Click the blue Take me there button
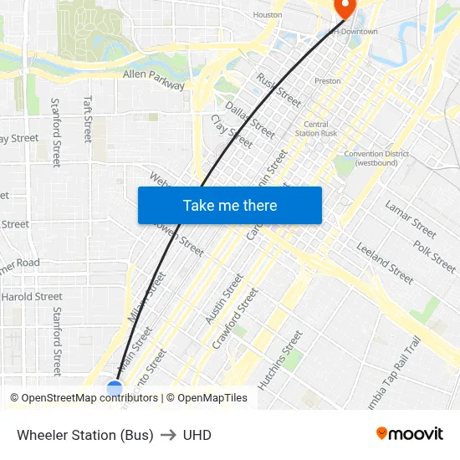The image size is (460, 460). click(229, 206)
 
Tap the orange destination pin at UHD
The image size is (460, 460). click(344, 7)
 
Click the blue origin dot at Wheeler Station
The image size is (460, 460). click(115, 388)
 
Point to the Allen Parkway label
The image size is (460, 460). click(154, 79)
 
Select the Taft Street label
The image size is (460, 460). click(87, 118)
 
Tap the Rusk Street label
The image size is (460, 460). click(279, 90)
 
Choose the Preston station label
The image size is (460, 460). click(327, 81)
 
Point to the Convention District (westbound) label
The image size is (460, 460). click(376, 158)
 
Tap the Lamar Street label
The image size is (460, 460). click(411, 218)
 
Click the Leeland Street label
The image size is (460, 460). click(385, 263)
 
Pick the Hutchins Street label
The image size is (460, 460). click(280, 360)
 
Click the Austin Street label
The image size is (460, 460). click(224, 299)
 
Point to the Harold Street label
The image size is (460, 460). click(32, 297)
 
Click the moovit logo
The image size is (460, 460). click(409, 434)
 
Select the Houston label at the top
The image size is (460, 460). click(268, 15)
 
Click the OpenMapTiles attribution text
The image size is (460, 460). click(212, 398)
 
